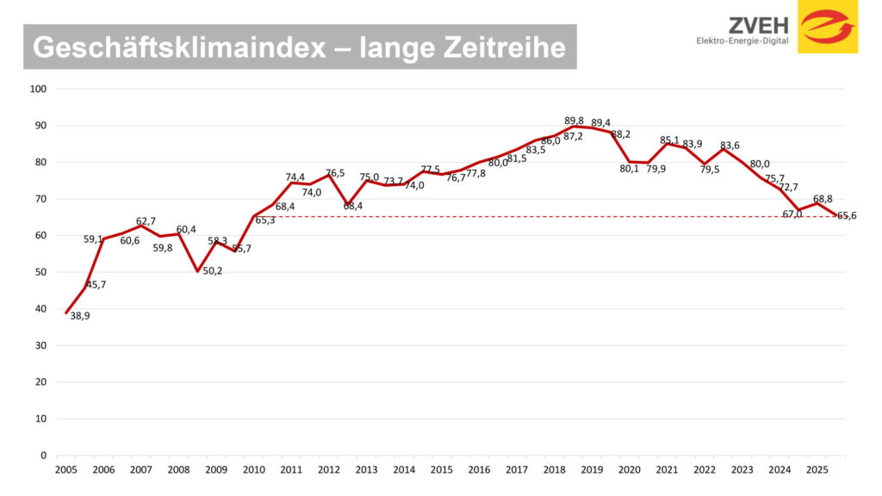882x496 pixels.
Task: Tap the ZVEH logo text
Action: click(759, 24)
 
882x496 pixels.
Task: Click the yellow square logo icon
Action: click(827, 27)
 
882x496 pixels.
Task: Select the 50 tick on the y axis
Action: click(40, 272)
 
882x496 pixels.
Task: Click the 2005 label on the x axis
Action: click(65, 470)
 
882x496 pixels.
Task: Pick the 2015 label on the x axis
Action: click(442, 470)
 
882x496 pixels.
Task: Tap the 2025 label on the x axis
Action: click(817, 470)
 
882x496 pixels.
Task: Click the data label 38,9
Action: click(80, 316)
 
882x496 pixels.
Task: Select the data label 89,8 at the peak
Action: click(575, 121)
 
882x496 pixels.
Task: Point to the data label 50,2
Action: click(213, 271)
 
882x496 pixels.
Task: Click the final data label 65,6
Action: click(847, 216)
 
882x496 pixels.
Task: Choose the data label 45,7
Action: click(95, 285)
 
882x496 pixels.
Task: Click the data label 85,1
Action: click(669, 139)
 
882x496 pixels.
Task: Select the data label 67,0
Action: click(792, 214)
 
